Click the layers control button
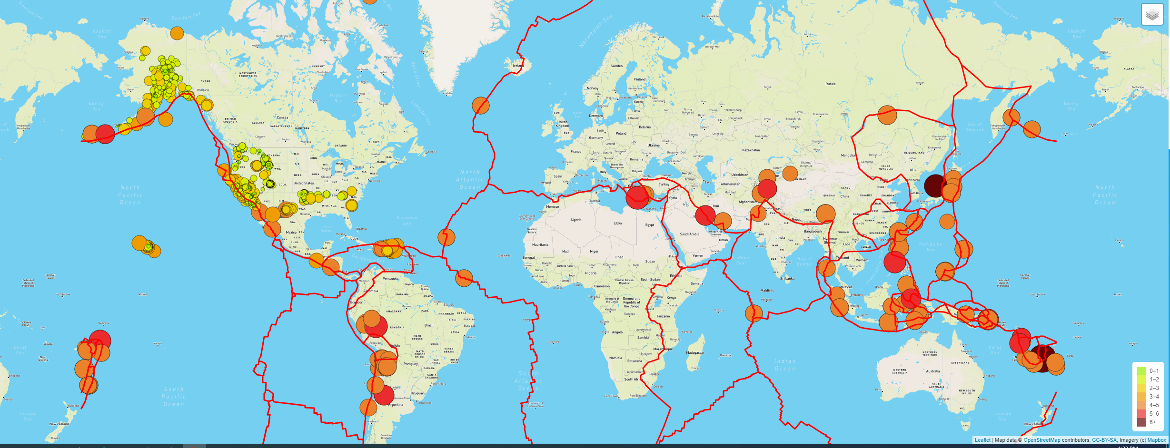coord(1152,14)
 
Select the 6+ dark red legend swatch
coord(1141,422)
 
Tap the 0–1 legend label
coord(1154,371)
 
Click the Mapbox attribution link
coord(1157,440)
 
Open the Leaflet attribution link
coord(982,440)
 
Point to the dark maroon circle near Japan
coord(934,185)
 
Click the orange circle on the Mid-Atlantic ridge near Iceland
coord(481,105)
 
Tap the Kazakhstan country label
coord(751,150)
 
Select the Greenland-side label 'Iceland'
coord(518,66)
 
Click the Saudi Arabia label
coord(689,234)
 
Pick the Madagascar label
coord(695,353)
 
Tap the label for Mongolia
coord(848,156)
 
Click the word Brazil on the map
coord(429,325)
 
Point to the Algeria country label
coord(576,220)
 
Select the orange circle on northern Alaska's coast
coord(177,33)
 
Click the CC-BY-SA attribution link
coord(1104,440)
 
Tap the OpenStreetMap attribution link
coord(1042,440)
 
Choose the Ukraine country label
coord(654,146)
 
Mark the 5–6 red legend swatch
coord(1141,414)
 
